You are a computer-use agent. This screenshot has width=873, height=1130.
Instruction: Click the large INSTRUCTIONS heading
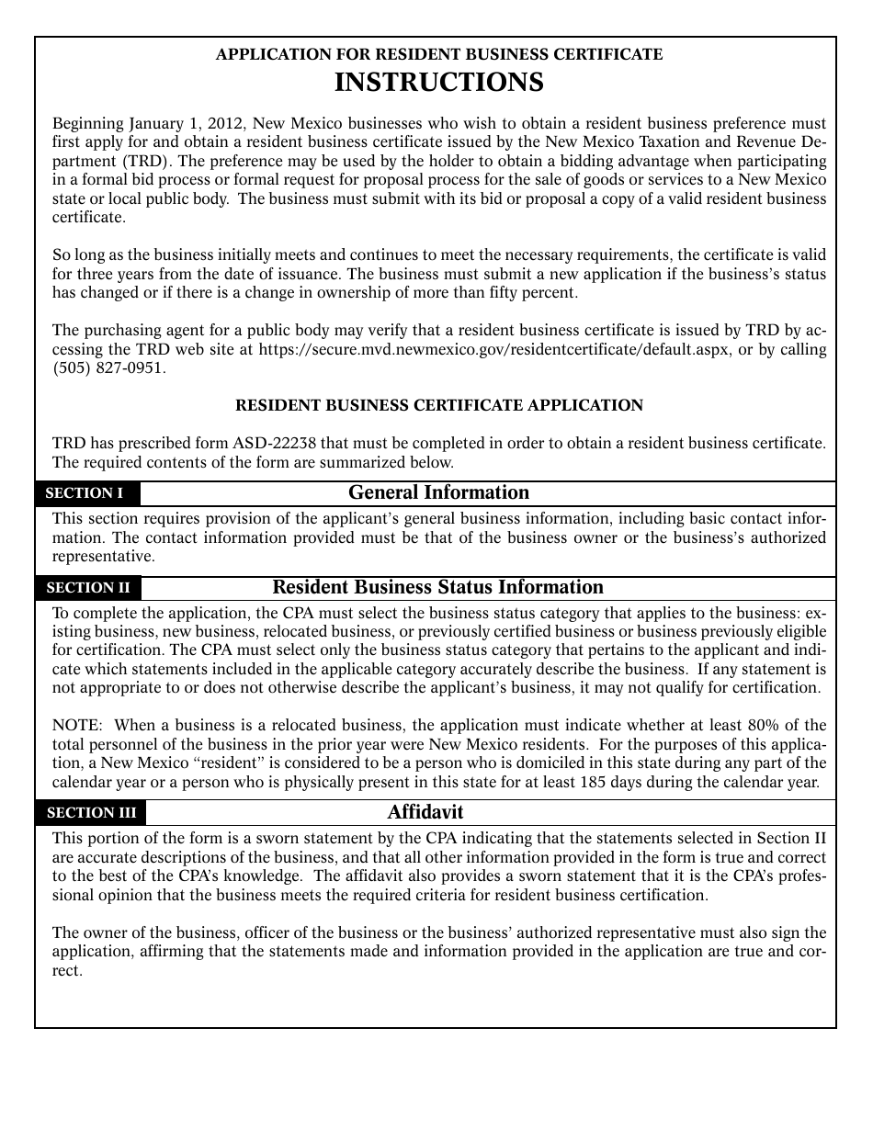point(438,83)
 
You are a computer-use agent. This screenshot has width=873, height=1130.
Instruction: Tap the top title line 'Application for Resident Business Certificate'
point(438,54)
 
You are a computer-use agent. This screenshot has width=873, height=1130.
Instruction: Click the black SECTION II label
point(88,588)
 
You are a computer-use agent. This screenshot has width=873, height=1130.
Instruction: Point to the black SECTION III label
point(91,813)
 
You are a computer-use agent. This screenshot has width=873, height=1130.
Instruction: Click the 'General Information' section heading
point(438,493)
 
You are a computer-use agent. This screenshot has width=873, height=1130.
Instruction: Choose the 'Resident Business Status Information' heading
point(438,588)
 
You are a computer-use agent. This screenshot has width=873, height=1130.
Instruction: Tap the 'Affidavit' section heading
point(425,813)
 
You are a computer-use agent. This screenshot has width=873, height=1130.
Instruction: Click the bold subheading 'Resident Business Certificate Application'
point(439,405)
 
